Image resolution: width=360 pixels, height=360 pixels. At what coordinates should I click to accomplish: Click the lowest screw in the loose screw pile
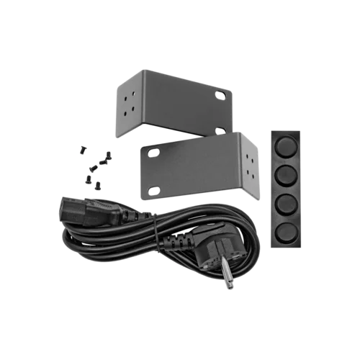[96, 185]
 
